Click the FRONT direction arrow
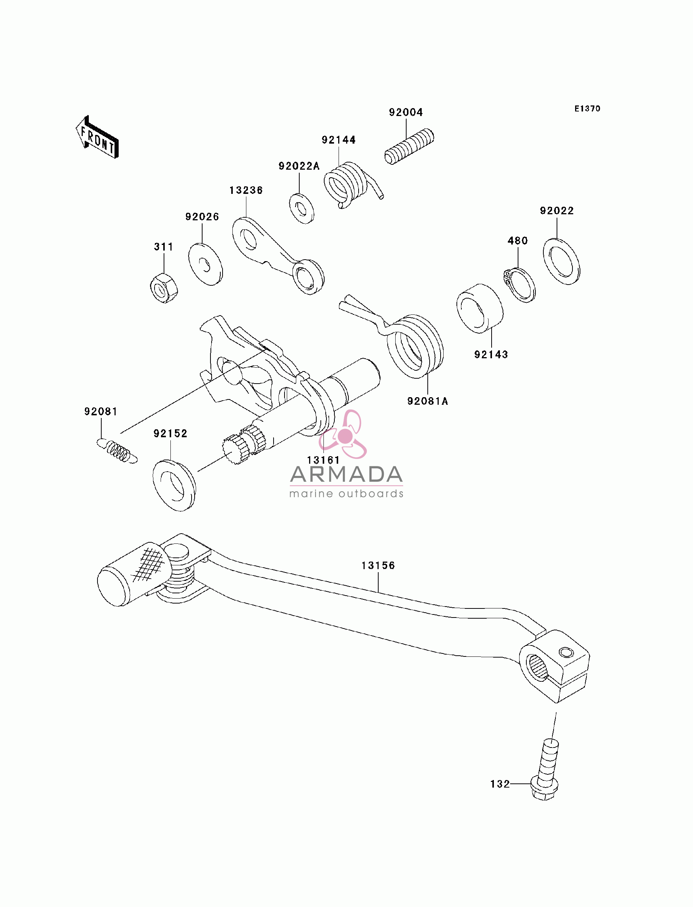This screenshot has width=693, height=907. pos(97,137)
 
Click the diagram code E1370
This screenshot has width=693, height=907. pos(588,108)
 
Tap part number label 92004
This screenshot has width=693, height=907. pos(406,112)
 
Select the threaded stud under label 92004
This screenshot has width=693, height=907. pos(409,147)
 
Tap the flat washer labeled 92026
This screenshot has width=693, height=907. pos(206,264)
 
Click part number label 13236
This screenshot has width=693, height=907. pos(246,190)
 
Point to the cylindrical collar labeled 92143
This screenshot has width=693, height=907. pos(480,308)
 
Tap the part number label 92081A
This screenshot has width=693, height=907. pos(427,401)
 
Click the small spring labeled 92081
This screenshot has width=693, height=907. pos(117,451)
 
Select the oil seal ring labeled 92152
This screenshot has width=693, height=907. pos(174,486)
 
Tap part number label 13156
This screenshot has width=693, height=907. pos(378,565)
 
